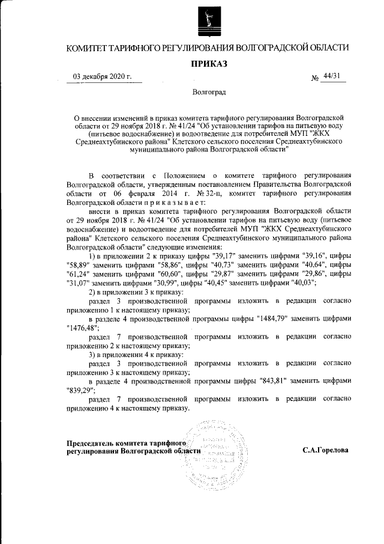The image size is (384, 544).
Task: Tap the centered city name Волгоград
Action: [209, 93]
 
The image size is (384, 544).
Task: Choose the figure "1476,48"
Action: [83, 329]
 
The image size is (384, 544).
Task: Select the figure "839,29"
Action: [81, 391]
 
